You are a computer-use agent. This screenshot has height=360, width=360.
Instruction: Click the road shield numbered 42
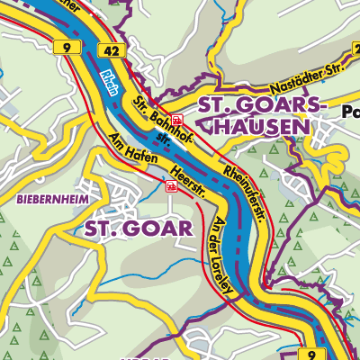coord(112,53)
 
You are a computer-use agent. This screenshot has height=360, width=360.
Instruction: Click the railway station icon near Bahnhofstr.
coord(177,119)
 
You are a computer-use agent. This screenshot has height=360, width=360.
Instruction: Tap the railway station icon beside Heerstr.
coord(171,185)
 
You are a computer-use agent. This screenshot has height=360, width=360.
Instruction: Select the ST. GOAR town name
coord(139,229)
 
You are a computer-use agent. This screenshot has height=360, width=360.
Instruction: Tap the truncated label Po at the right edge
coord(351,112)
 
